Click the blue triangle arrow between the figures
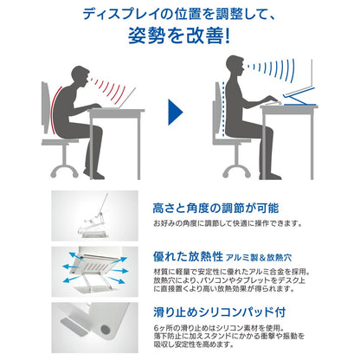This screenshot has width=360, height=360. (175, 112)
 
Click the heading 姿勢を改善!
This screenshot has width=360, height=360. (179, 35)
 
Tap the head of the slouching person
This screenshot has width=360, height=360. (80, 75)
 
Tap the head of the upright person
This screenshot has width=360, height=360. (235, 65)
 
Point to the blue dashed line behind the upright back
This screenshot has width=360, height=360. (223, 109)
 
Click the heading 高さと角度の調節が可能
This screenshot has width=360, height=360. (215, 208)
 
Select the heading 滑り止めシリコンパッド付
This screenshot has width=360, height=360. (220, 312)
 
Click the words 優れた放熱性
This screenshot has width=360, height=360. (188, 256)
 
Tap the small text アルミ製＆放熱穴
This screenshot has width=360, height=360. (259, 258)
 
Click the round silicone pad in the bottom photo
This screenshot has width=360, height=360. (106, 330)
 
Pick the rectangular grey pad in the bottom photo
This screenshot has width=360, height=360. (74, 327)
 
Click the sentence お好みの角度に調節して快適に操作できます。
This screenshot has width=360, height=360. (228, 223)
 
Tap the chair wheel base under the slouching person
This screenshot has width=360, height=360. (64, 170)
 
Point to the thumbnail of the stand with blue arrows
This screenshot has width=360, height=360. (95, 272)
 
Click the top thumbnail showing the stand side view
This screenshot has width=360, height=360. (95, 215)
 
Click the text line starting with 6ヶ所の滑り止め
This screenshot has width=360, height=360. (219, 328)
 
